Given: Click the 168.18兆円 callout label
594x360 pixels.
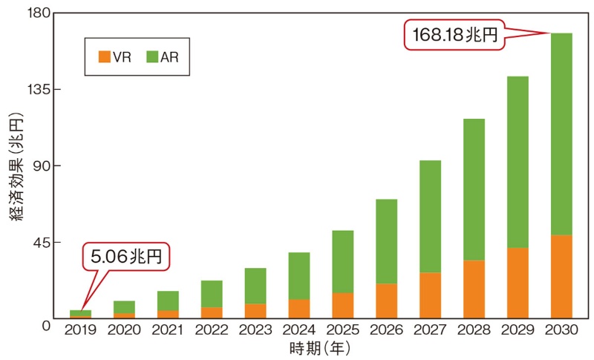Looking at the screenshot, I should click(x=452, y=33).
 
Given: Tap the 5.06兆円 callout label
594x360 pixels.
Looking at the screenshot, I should click(x=125, y=258).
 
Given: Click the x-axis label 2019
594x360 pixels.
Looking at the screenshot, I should click(x=80, y=330).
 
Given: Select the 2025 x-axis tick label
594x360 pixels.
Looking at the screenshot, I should click(x=342, y=330).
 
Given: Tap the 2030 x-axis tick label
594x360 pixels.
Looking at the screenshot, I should click(x=561, y=330).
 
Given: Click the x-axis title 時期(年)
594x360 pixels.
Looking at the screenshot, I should click(x=320, y=347).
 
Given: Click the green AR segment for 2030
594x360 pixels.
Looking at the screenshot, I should click(x=561, y=134).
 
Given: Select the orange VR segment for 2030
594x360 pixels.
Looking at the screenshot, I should click(x=561, y=277).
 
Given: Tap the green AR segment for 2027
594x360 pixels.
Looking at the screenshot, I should click(x=430, y=216).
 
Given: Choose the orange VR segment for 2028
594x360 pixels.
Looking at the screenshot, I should click(x=474, y=289).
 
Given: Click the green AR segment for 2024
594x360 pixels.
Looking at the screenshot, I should click(x=298, y=275).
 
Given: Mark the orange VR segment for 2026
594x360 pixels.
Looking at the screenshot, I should click(x=386, y=301).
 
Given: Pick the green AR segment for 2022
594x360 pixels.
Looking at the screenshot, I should click(x=212, y=294).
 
